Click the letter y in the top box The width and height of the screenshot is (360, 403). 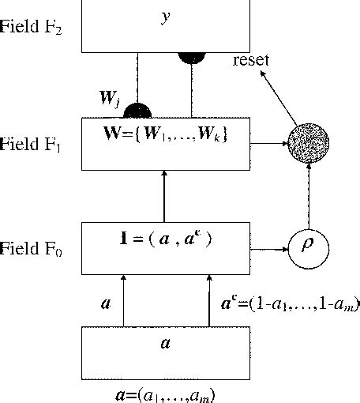tap(165, 17)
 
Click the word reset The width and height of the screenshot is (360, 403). tap(252, 60)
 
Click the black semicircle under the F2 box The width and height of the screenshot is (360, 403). tap(190, 58)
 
